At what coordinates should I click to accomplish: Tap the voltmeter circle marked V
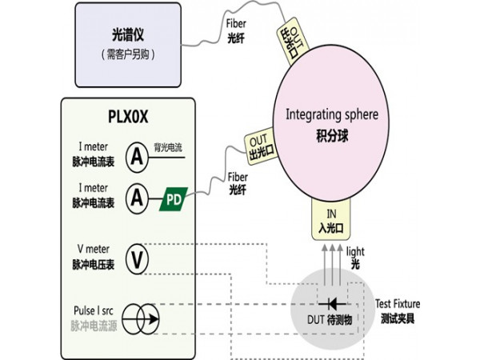[138, 258]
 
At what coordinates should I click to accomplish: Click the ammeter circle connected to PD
[138, 198]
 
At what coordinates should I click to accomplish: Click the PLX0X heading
[129, 117]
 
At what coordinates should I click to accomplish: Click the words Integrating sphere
[331, 114]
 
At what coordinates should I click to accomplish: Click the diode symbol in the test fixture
[330, 304]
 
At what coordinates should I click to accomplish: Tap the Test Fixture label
[397, 304]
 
